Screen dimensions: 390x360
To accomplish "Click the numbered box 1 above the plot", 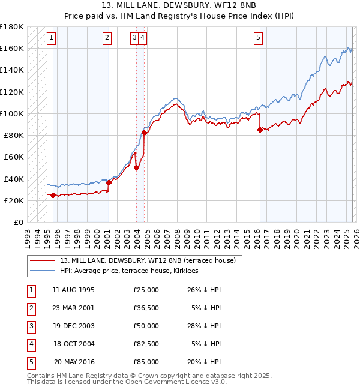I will tap(52, 38).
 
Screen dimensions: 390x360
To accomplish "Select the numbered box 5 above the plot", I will tap(258, 38).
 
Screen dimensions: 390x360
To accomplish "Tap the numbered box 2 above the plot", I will tap(107, 38).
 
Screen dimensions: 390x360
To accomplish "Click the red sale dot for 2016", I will tap(260, 129).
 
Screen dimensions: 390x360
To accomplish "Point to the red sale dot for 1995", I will tap(53, 195).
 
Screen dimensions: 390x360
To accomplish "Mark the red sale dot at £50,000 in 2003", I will tap(136, 167).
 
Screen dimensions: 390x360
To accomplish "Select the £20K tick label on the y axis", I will tap(14, 200).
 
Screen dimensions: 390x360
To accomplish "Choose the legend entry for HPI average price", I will tap(133, 271).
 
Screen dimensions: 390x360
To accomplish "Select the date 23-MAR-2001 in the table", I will tap(73, 308).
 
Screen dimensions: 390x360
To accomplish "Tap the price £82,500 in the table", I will tap(146, 344).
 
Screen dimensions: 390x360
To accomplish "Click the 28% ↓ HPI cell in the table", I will tap(203, 326).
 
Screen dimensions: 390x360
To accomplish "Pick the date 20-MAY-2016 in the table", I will tap(74, 362).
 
